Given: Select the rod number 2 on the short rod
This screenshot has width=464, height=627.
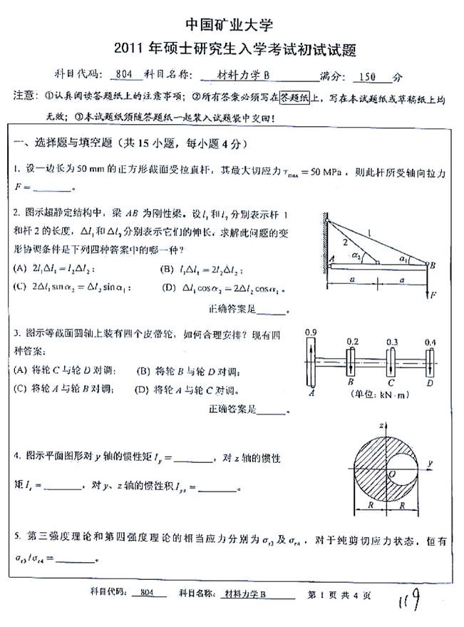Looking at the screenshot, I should point(343,243).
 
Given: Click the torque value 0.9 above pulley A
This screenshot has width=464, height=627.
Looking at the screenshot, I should point(310,332).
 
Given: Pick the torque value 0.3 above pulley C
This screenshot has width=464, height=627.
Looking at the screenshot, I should point(392,342).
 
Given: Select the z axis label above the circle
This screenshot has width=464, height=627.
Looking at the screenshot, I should point(383,425).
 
